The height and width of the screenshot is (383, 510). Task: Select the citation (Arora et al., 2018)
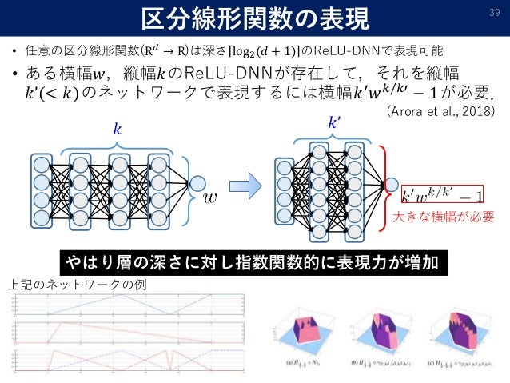click(439, 111)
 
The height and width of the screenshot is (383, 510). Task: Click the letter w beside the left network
click(210, 194)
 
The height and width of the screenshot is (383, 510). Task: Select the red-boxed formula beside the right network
click(442, 194)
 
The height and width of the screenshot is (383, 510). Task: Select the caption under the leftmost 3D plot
click(307, 362)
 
